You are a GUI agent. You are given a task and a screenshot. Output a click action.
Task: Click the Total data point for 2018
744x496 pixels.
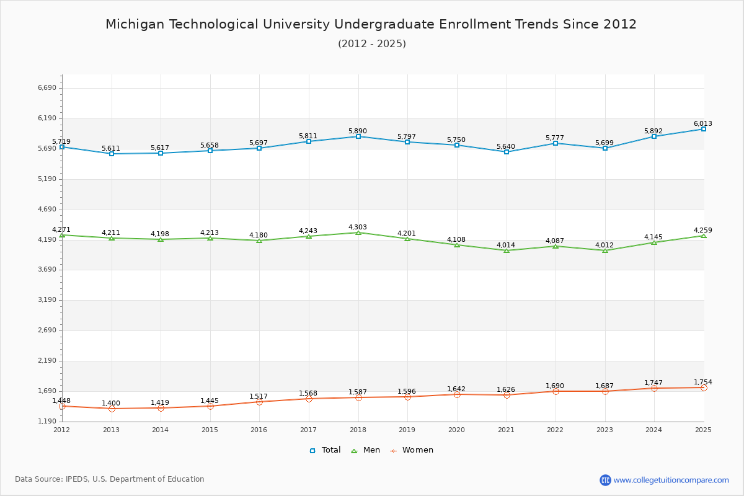pyautogui.click(x=358, y=136)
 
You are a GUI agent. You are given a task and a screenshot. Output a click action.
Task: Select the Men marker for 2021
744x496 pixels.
pyautogui.click(x=507, y=250)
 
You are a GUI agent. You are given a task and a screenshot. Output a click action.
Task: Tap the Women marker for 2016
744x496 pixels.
pyautogui.click(x=259, y=402)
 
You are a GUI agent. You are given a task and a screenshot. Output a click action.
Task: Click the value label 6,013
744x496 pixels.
pyautogui.click(x=703, y=123)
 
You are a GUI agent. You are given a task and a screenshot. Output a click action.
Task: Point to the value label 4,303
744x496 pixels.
pyautogui.click(x=358, y=227)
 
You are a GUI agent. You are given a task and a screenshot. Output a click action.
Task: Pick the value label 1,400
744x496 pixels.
pyautogui.click(x=111, y=403)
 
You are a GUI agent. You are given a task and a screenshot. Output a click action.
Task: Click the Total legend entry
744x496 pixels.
pyautogui.click(x=325, y=450)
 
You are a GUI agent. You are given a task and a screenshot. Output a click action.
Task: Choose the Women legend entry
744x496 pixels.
pyautogui.click(x=412, y=450)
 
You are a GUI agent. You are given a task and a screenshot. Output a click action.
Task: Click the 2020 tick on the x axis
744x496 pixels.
pyautogui.click(x=456, y=430)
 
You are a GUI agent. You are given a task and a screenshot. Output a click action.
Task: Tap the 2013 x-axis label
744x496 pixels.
pyautogui.click(x=111, y=430)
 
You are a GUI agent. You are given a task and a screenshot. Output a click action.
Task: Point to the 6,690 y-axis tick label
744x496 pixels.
pyautogui.click(x=47, y=88)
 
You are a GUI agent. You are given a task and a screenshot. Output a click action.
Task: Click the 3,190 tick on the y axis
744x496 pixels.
pyautogui.click(x=47, y=300)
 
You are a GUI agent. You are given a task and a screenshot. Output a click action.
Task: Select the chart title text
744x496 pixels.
pyautogui.click(x=371, y=24)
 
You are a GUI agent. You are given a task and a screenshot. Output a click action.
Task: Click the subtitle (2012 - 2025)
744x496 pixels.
pyautogui.click(x=371, y=43)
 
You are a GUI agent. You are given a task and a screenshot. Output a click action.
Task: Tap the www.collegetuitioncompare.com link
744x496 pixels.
pyautogui.click(x=671, y=480)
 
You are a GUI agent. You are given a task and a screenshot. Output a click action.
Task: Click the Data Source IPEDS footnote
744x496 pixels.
pyautogui.click(x=110, y=479)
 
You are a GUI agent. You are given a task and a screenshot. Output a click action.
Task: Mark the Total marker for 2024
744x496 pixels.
pyautogui.click(x=654, y=136)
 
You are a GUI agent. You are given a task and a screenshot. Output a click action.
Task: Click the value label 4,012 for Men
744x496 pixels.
pyautogui.click(x=604, y=245)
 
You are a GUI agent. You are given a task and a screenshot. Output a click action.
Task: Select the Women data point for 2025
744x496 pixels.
pyautogui.click(x=704, y=387)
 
